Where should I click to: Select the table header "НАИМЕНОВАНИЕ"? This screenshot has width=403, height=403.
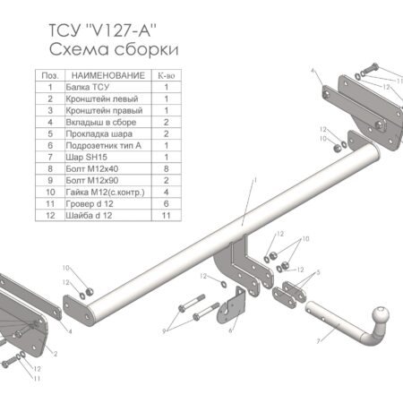point(107,77)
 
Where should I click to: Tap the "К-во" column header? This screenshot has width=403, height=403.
point(167,77)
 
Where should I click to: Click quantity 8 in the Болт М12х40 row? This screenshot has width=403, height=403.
point(167,166)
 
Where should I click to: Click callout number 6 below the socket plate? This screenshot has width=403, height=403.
point(229,331)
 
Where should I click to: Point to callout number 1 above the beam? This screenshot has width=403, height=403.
point(254,180)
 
